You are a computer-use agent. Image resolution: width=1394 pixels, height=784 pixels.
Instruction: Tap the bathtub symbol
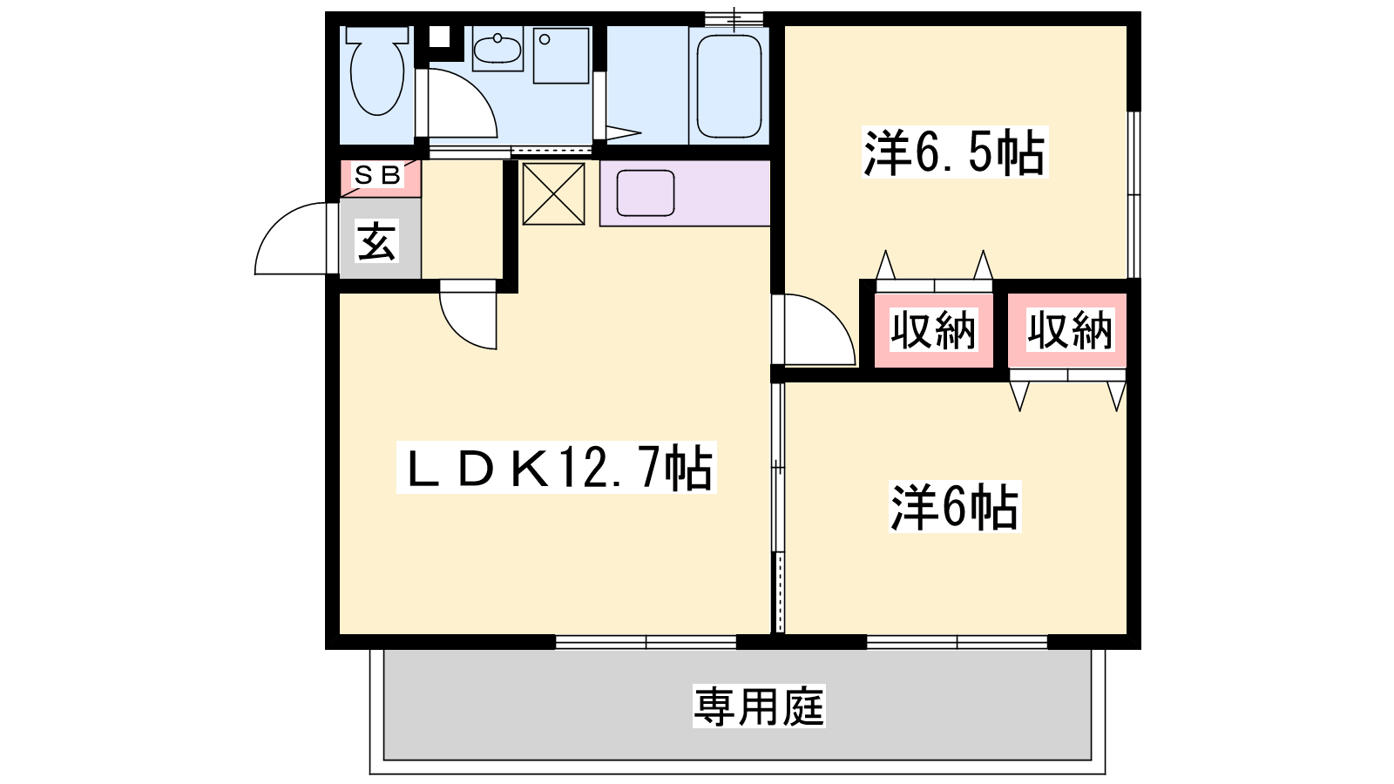(728, 86)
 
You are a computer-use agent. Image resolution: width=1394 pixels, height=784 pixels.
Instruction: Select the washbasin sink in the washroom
(497, 49)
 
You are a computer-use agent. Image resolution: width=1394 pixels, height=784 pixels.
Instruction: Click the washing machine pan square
(561, 56)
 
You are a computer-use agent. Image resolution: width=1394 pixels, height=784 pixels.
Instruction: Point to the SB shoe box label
(378, 175)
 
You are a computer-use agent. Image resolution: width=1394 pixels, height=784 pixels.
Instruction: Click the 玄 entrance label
(377, 242)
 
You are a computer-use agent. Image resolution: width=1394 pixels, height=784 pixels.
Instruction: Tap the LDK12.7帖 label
(557, 467)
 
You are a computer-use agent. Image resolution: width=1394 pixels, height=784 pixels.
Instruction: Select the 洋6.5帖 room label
(954, 152)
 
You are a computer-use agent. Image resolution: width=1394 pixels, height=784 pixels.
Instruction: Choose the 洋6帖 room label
(955, 506)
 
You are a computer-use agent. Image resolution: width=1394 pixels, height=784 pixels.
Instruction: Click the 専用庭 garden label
(759, 706)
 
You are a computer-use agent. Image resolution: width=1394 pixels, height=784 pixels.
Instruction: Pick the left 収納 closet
(933, 330)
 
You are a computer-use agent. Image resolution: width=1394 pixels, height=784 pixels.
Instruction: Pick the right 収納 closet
(1068, 330)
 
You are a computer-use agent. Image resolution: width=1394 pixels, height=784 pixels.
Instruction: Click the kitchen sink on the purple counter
(646, 193)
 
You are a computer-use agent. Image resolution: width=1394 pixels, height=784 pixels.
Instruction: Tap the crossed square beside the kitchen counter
(553, 193)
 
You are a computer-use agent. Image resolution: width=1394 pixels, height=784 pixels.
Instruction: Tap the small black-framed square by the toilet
(439, 37)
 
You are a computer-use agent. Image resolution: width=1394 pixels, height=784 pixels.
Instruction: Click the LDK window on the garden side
(646, 641)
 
